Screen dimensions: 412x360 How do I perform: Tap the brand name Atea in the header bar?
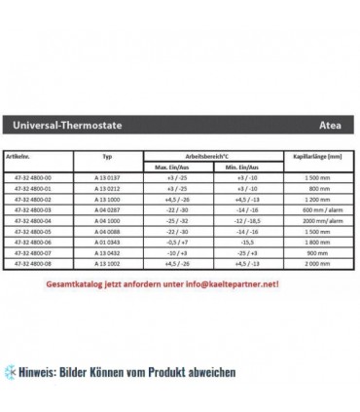pos(331,126)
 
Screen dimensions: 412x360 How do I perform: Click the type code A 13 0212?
pos(108,189)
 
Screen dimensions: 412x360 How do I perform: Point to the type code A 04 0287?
pos(108,209)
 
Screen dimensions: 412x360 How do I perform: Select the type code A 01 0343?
pos(108,242)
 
